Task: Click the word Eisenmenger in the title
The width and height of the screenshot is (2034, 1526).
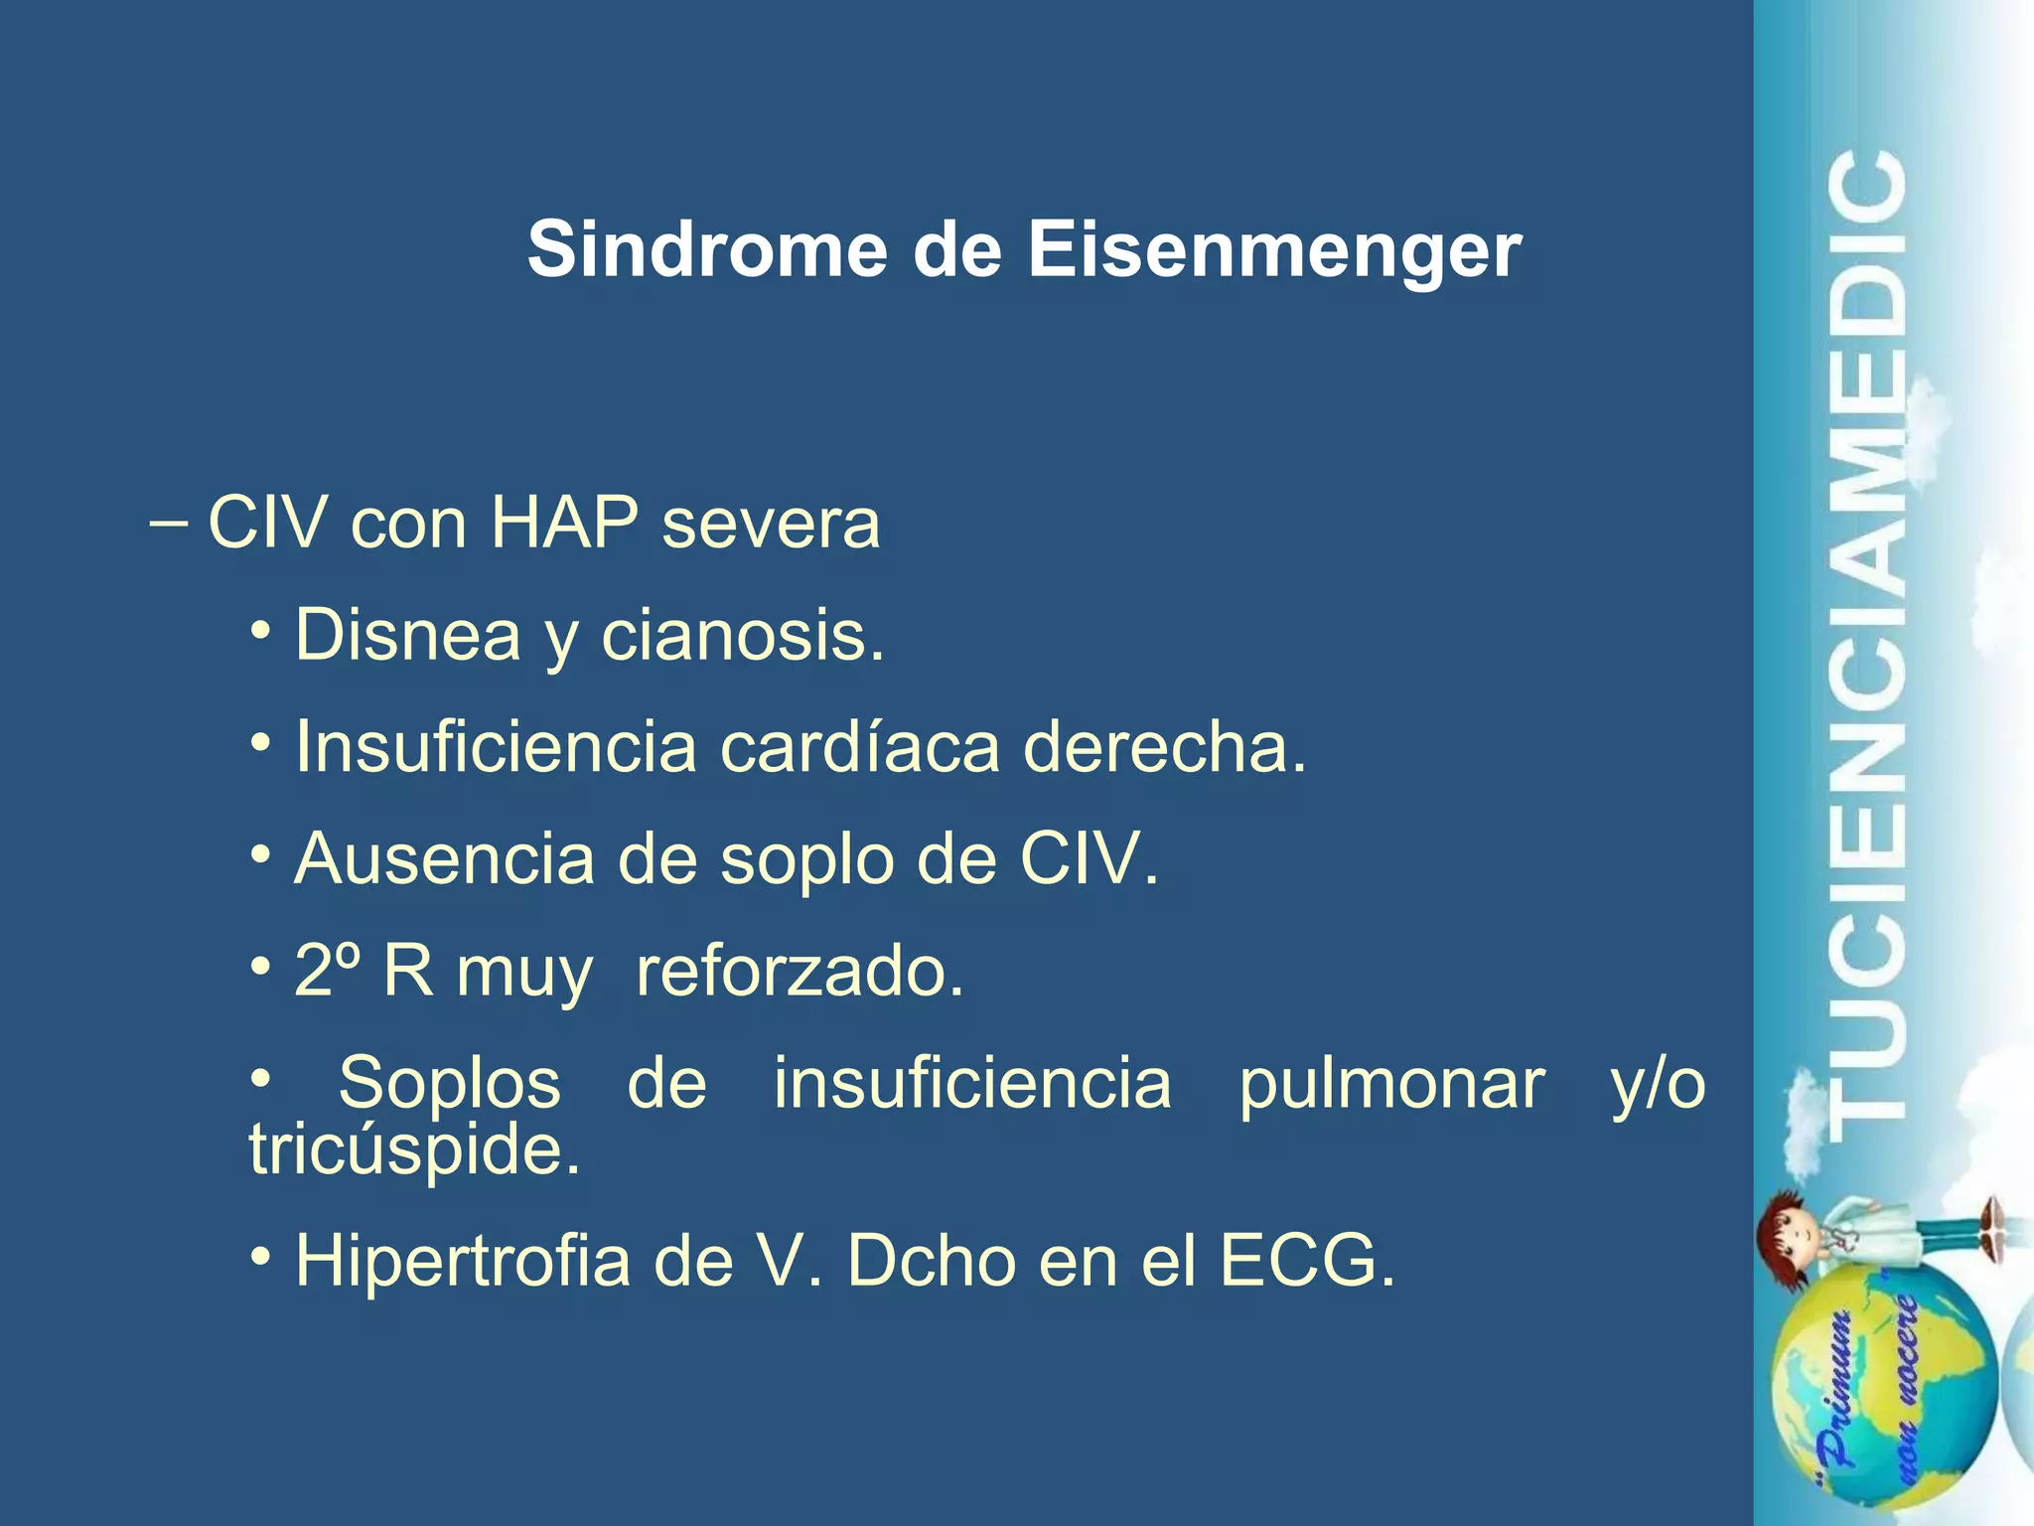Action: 1273,250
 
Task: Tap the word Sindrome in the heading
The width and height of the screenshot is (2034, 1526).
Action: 706,250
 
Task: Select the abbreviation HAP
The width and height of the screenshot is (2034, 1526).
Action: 564,523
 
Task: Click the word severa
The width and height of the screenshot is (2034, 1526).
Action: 771,525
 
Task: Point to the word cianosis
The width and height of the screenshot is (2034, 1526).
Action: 742,636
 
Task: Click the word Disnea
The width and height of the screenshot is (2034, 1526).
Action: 407,636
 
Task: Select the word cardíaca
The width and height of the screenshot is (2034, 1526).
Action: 859,747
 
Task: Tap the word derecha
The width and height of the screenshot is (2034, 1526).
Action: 1164,747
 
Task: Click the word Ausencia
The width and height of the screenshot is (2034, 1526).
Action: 444,859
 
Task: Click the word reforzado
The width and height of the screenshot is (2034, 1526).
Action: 799,971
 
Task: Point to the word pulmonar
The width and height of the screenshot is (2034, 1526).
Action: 1391,1083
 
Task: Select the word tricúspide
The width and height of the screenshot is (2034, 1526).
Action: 414,1150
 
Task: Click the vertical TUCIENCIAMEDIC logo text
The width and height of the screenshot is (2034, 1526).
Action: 1867,646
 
